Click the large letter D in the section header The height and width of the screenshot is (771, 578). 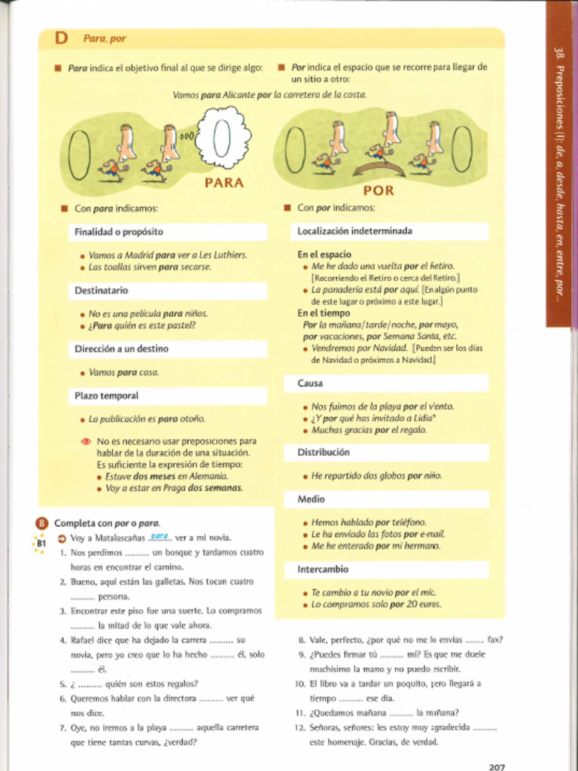tap(61, 38)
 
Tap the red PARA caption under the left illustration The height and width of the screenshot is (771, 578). tap(224, 182)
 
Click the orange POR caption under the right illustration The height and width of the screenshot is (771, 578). tap(379, 191)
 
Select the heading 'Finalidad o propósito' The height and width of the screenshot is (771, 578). tap(119, 232)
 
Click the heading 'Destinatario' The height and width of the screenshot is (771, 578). tap(102, 291)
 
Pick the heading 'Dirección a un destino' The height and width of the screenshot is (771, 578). tap(121, 349)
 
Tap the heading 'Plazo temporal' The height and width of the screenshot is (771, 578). tap(106, 396)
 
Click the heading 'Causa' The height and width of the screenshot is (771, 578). tap(310, 384)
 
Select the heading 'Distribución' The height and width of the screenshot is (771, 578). tap(323, 453)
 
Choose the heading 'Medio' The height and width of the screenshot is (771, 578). tap(311, 499)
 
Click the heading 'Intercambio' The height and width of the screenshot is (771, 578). tap(323, 570)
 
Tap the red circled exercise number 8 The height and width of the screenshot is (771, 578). tap(42, 523)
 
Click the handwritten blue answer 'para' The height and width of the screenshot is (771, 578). tap(159, 535)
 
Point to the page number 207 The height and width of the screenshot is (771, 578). tap(497, 766)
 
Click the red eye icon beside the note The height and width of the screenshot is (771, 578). tap(85, 441)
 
